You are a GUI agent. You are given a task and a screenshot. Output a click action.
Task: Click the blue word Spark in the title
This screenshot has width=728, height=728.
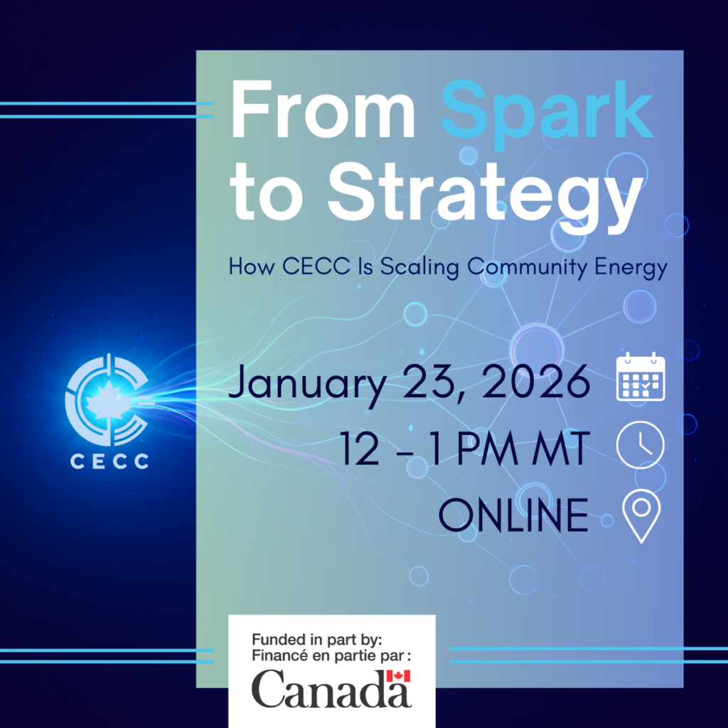[547, 114]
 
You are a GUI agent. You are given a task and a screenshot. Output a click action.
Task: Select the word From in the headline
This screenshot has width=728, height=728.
[323, 109]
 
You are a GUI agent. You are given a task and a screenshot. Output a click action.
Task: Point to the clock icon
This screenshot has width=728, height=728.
[641, 444]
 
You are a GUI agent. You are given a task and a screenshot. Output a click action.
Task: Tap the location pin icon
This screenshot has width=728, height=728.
[641, 516]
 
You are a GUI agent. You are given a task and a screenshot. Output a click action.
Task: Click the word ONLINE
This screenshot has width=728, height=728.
[513, 515]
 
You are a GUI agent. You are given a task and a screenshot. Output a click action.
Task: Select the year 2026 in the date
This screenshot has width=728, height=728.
[535, 382]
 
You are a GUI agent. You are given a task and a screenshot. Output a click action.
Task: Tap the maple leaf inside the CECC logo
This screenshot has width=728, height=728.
[107, 399]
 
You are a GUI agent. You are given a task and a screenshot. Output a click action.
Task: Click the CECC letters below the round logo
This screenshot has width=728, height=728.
[109, 461]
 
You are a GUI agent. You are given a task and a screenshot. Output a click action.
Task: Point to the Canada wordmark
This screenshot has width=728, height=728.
[331, 688]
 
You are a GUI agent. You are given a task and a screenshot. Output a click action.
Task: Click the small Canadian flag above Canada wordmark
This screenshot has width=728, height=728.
[398, 675]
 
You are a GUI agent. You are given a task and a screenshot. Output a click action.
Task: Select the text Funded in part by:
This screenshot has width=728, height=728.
[316, 640]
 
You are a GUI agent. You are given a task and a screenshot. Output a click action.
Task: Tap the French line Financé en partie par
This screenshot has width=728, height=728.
[331, 655]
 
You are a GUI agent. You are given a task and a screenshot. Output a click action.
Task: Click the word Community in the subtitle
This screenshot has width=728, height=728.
[527, 268]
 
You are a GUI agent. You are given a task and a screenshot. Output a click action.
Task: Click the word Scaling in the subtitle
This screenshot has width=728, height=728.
[419, 268]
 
